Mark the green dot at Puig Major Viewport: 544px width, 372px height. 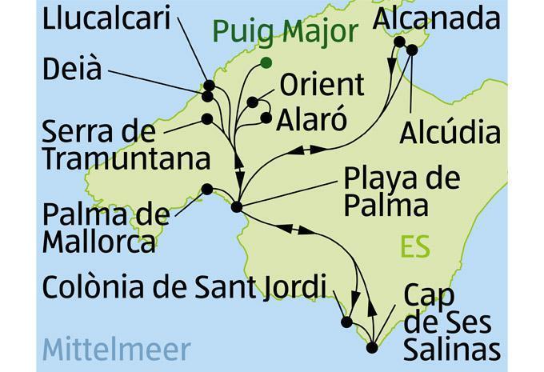[266, 62]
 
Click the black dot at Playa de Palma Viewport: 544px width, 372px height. [236, 208]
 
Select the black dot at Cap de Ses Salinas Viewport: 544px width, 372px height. [372, 348]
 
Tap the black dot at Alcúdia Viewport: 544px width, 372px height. [413, 50]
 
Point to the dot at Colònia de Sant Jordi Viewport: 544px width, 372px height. [346, 323]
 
